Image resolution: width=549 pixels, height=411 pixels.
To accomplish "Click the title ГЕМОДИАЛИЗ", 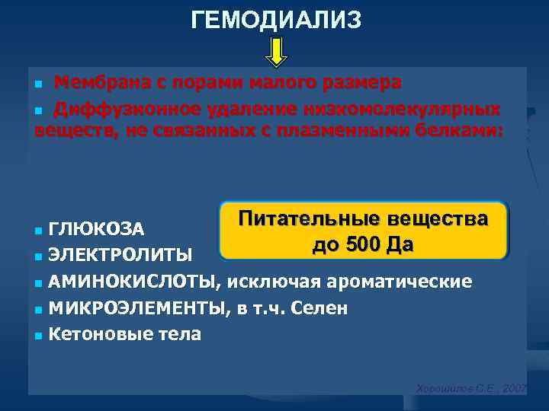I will point(276,21).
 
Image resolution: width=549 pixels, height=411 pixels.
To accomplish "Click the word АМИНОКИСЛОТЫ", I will point(133,282).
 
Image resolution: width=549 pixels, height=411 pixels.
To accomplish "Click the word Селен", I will point(323,307).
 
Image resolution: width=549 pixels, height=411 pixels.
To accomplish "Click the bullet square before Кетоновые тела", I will point(39,334).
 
